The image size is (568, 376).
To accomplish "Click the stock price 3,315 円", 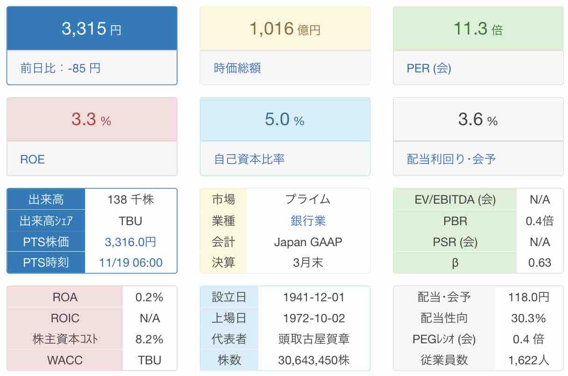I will tap(92, 29).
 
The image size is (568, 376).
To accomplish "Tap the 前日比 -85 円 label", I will tap(60, 68).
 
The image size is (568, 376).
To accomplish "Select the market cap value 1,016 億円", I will tap(285, 29).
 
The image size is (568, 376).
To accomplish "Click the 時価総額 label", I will tap(237, 68).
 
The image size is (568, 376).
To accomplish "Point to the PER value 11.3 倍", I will tap(478, 29).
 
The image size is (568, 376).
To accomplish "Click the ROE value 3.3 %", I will tap(92, 120).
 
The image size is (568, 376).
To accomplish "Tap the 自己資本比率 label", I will tap(249, 159).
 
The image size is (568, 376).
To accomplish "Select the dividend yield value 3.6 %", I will tap(478, 120).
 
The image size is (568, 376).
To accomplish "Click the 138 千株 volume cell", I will tap(130, 199).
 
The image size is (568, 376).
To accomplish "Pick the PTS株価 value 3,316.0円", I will tap(130, 242).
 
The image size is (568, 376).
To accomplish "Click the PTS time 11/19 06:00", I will tap(131, 262).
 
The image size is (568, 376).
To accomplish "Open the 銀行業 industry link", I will tap(308, 220).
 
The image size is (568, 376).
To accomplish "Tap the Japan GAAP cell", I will tap(308, 242).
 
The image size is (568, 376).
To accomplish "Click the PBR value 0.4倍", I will tap(540, 220).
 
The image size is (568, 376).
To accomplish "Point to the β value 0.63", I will tap(540, 262).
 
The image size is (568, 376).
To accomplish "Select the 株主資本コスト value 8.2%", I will tap(149, 339).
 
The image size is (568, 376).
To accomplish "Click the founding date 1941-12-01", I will tap(314, 297).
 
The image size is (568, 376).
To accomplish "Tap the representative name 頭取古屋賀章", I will tap(314, 339).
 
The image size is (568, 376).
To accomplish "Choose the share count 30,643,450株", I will tap(314, 360).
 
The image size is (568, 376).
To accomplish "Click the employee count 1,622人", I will tap(529, 360).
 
